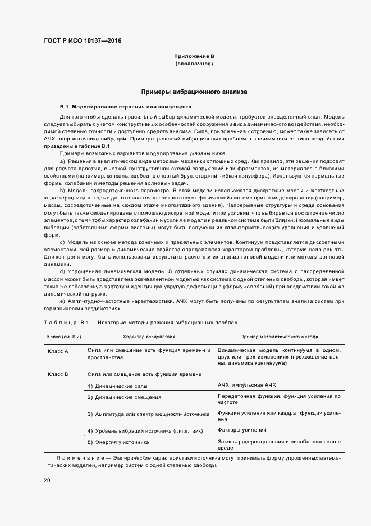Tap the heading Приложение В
click(194, 56)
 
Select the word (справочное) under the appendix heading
click(194, 64)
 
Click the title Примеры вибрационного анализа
click(194, 91)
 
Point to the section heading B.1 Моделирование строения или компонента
click(126, 106)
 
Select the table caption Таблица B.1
click(62, 323)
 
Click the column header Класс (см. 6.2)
click(65, 337)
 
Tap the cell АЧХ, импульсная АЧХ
click(247, 385)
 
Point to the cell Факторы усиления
click(242, 430)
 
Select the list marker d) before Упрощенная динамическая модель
click(62, 270)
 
